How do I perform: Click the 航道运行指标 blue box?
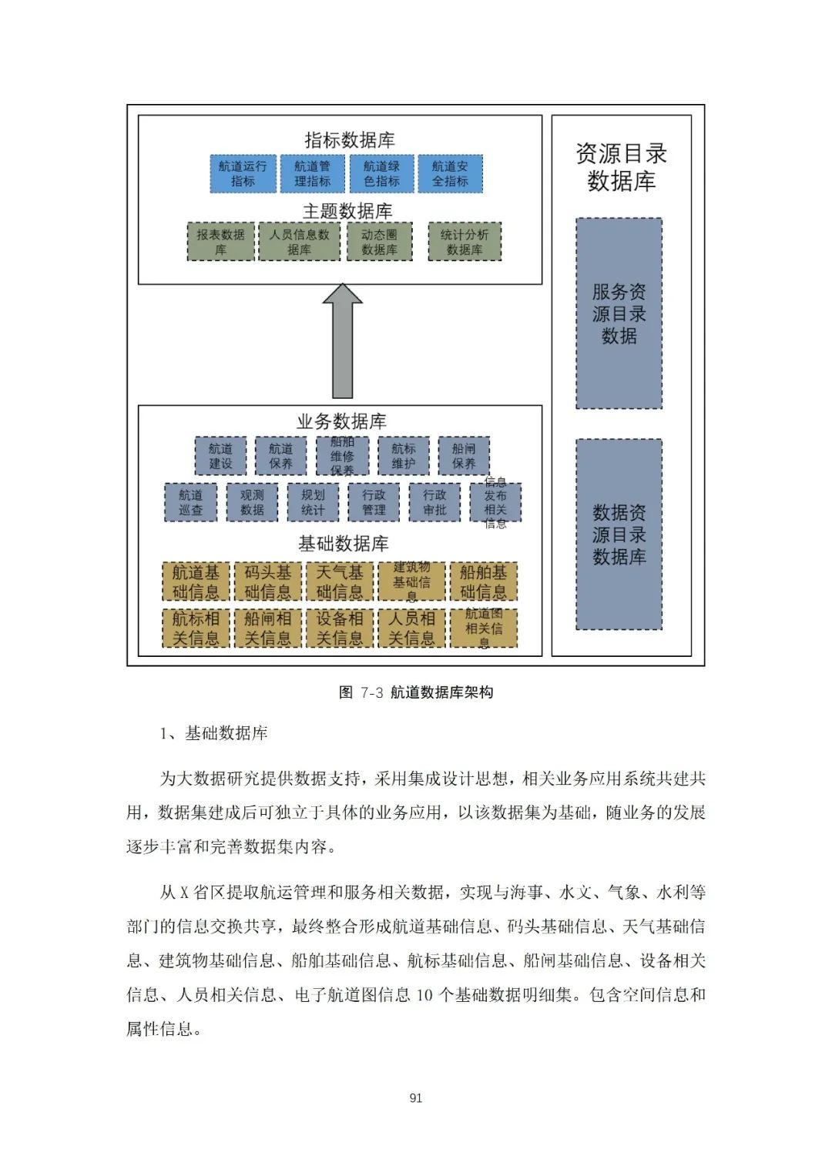[x=243, y=174]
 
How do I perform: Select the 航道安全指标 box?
[x=450, y=174]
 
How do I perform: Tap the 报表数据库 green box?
[x=220, y=242]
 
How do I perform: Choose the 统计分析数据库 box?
[x=465, y=242]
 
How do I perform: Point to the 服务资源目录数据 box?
[x=619, y=313]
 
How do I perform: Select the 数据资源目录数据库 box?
[x=619, y=534]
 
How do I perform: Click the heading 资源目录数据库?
[x=621, y=167]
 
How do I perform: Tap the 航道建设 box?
[x=220, y=456]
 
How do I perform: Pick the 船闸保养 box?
[x=464, y=456]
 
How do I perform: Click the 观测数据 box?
[x=252, y=502]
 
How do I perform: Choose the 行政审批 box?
[x=434, y=502]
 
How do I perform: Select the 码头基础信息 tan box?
[x=267, y=582]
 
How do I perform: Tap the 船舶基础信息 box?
[x=483, y=582]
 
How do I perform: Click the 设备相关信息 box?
[x=339, y=628]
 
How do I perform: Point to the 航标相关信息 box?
[x=196, y=628]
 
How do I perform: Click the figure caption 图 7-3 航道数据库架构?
[x=416, y=692]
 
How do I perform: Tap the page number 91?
[x=416, y=1097]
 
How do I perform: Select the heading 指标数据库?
[x=349, y=140]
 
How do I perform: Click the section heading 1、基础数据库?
[x=213, y=733]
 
